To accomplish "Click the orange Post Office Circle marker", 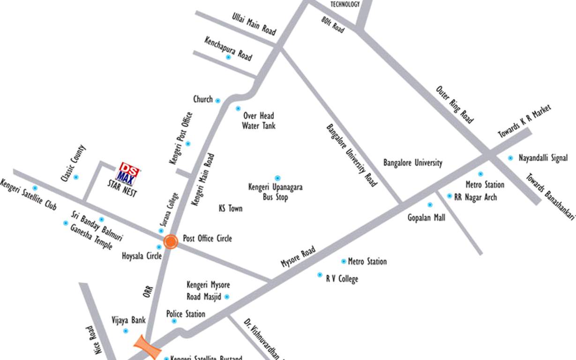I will click(171, 242).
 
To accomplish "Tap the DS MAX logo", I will click(128, 174).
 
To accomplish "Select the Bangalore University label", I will click(412, 163).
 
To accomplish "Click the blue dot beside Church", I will click(217, 100).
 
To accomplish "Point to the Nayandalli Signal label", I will click(543, 158).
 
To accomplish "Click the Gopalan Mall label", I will click(426, 217).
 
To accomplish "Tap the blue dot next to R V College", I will click(320, 275).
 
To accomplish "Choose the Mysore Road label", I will click(298, 257).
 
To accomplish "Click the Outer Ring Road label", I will click(454, 105).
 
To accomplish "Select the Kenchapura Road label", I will click(228, 48).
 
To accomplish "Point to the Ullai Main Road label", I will click(254, 23).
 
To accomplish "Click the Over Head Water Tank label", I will click(259, 120).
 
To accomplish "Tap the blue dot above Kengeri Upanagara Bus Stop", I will click(277, 178).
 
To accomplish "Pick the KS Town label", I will click(231, 208).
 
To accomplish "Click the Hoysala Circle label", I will click(142, 256).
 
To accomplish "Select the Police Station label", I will click(186, 314).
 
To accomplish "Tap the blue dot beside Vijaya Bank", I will click(125, 331).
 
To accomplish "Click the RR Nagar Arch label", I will click(475, 197).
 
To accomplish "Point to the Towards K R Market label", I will click(524, 121).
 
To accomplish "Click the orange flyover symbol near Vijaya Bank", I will click(148, 347).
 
